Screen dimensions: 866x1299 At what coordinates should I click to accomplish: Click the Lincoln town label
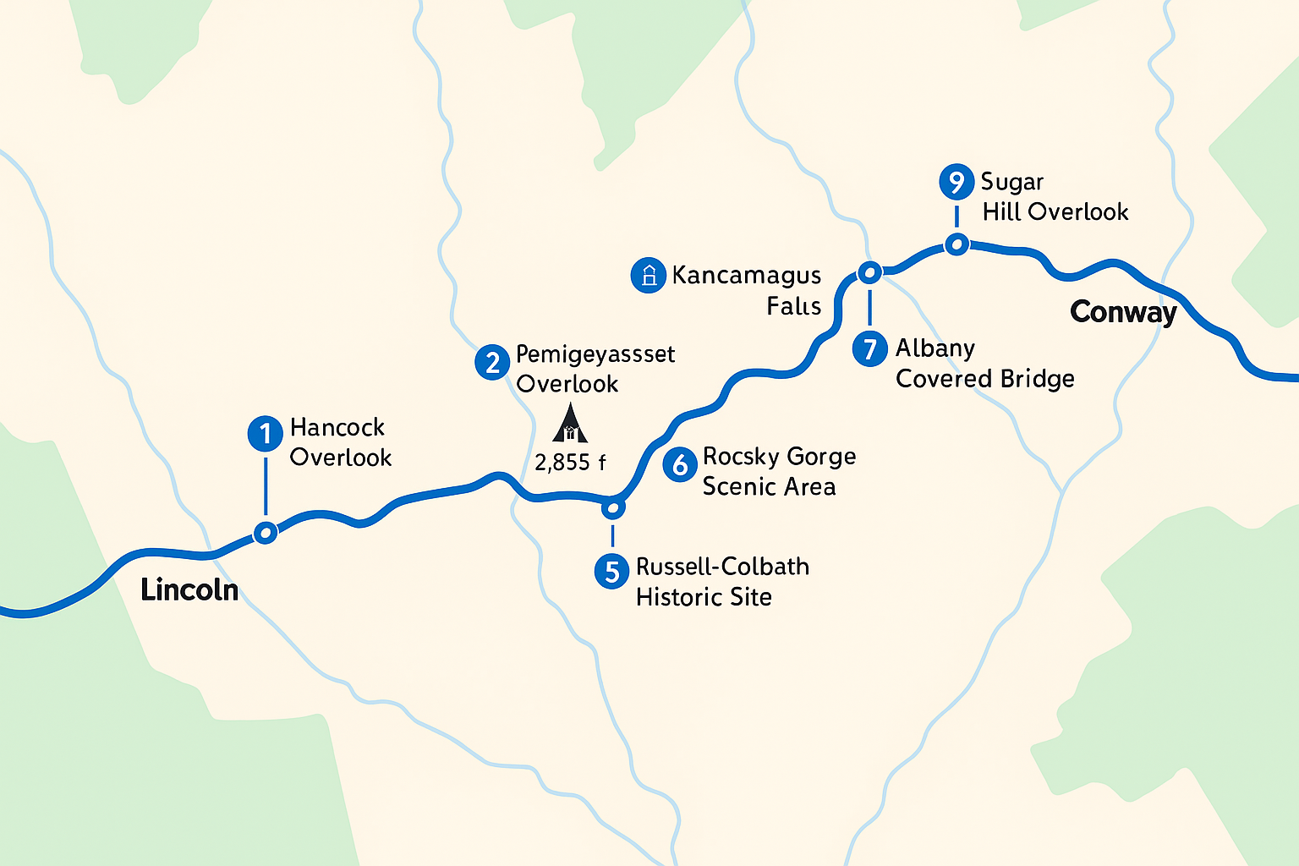click(189, 589)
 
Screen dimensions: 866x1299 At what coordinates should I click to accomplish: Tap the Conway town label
click(1123, 312)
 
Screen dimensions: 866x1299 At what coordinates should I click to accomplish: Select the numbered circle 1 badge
click(265, 434)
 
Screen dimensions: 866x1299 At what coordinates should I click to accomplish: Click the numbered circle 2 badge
click(491, 363)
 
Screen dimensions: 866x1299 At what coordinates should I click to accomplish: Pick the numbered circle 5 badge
click(611, 571)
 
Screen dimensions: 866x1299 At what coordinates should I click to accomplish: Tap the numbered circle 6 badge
click(679, 464)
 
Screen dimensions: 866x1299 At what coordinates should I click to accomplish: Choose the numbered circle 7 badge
click(869, 348)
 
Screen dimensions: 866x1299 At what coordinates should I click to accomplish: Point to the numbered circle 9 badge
click(956, 182)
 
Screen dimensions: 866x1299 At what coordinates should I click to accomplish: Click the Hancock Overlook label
click(340, 442)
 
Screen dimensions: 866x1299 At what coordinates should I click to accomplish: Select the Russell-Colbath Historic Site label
click(722, 582)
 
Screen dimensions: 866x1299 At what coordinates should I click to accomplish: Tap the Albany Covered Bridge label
click(984, 364)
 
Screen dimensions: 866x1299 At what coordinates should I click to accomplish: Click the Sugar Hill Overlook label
click(1055, 197)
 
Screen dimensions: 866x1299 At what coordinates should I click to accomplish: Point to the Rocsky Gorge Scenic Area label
click(778, 471)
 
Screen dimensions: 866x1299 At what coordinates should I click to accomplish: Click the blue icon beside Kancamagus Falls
click(648, 276)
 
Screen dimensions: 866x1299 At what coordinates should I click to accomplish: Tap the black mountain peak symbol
click(570, 424)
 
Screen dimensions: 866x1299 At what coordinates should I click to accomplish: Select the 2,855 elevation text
click(570, 463)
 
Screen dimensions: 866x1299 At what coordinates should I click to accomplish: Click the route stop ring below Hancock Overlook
click(266, 533)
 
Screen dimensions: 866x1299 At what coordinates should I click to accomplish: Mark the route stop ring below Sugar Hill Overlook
click(956, 244)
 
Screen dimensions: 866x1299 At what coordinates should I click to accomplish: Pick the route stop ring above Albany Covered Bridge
click(869, 272)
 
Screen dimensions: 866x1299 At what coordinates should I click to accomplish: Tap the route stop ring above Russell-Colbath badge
click(612, 508)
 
